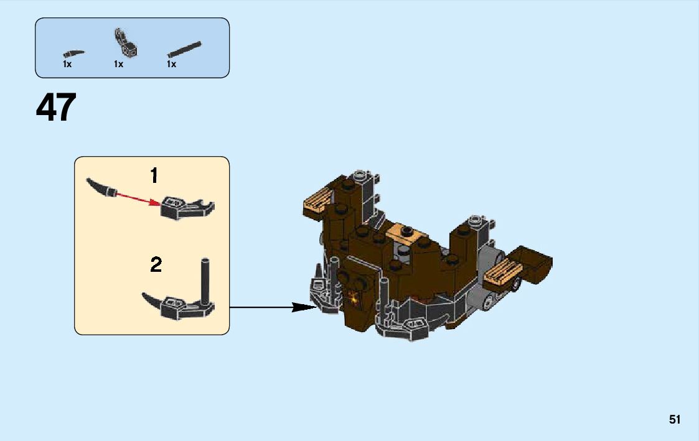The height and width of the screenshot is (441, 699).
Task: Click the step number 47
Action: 56,108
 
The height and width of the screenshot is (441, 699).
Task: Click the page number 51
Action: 675,420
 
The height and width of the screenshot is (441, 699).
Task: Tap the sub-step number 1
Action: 154,176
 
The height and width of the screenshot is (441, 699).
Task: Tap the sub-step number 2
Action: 156,266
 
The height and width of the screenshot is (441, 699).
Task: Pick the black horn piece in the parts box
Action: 73,52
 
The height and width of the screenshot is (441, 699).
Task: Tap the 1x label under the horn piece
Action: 67,64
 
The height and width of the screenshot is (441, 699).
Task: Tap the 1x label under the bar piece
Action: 171,64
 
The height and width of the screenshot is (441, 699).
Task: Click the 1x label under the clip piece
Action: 118,64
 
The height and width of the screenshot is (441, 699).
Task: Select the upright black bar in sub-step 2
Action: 204,279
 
